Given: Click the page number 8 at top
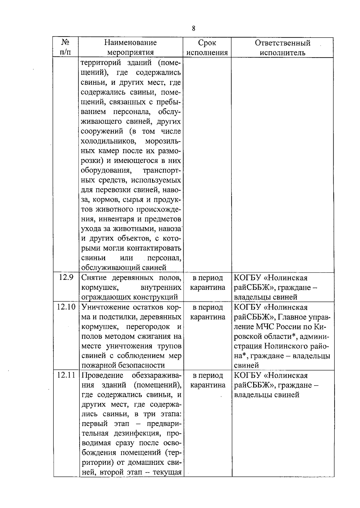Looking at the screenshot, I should [193, 29].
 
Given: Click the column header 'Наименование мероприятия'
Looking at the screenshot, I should [130, 47].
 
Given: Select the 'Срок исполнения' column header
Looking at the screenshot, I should [207, 47].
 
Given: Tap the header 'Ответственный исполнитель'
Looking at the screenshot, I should [282, 47].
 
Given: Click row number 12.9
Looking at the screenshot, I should [66, 278].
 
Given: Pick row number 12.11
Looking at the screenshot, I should [66, 375].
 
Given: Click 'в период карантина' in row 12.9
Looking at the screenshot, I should [208, 283].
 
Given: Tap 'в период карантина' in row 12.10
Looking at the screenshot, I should [208, 312].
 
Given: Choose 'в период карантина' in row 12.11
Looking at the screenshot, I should [208, 380].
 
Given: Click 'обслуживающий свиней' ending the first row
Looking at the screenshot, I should [124, 268].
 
